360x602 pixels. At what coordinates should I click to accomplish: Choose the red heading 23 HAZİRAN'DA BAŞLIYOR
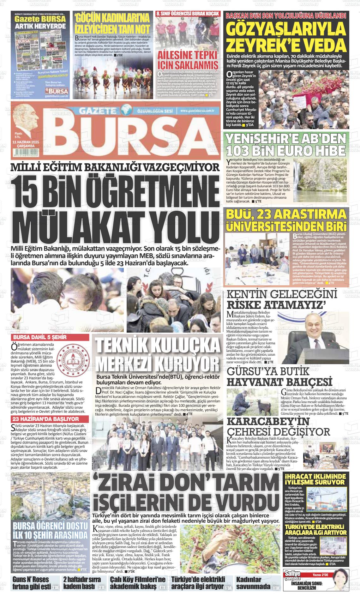(x=45, y=419)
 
